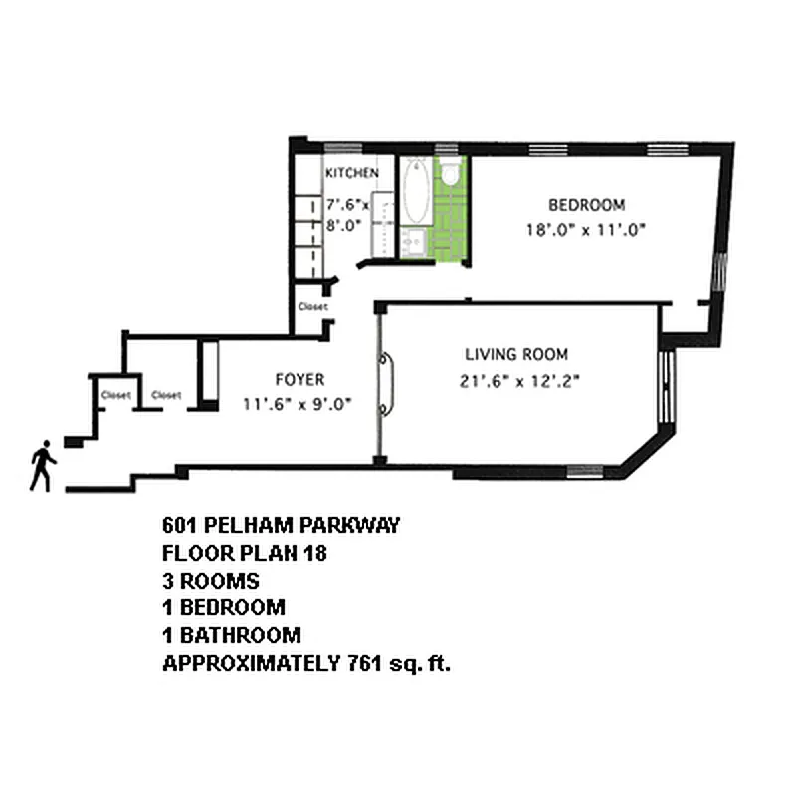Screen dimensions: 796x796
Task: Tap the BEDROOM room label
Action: (x=587, y=206)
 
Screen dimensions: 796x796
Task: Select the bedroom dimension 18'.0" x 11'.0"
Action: (x=587, y=229)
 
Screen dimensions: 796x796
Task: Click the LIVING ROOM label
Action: (x=516, y=354)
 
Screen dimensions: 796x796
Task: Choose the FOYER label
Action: (x=299, y=379)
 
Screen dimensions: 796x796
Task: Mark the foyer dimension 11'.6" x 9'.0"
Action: (x=299, y=404)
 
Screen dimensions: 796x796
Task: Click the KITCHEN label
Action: (x=351, y=173)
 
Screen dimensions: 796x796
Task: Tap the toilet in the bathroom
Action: (x=449, y=175)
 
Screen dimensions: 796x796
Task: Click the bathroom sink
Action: (x=414, y=241)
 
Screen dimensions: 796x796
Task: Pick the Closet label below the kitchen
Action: (x=312, y=307)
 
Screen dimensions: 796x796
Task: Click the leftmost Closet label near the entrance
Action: (x=116, y=395)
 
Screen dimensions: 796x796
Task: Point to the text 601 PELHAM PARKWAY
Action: (x=281, y=526)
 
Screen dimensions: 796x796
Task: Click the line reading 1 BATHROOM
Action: (x=232, y=635)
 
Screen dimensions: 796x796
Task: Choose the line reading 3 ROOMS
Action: (x=210, y=580)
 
